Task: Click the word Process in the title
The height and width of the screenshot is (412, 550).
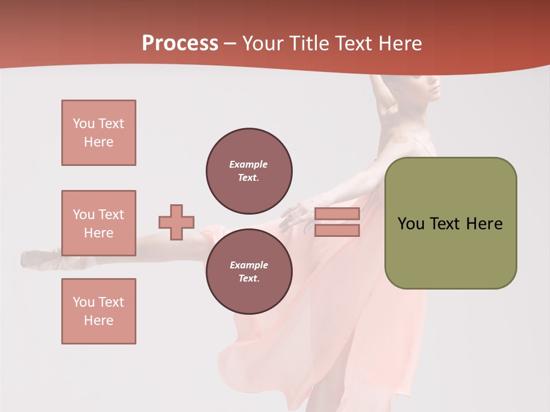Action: [180, 43]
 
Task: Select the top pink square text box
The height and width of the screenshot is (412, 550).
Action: [99, 133]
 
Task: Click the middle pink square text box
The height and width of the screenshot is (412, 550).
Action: [99, 223]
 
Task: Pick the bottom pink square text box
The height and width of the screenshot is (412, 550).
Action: [99, 311]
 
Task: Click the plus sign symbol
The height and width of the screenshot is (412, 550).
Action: [176, 222]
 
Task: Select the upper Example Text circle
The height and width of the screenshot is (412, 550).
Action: [249, 171]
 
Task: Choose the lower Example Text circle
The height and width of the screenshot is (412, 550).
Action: [249, 272]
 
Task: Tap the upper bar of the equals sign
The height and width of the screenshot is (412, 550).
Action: [337, 213]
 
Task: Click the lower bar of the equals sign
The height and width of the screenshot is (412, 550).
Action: [337, 231]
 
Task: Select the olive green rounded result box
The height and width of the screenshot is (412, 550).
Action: [450, 223]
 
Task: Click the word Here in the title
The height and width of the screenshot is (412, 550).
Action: [398, 43]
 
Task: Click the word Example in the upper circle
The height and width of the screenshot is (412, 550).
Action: [248, 164]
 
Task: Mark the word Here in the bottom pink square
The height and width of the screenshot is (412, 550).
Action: [99, 320]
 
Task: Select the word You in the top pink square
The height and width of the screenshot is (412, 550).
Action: [83, 124]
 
